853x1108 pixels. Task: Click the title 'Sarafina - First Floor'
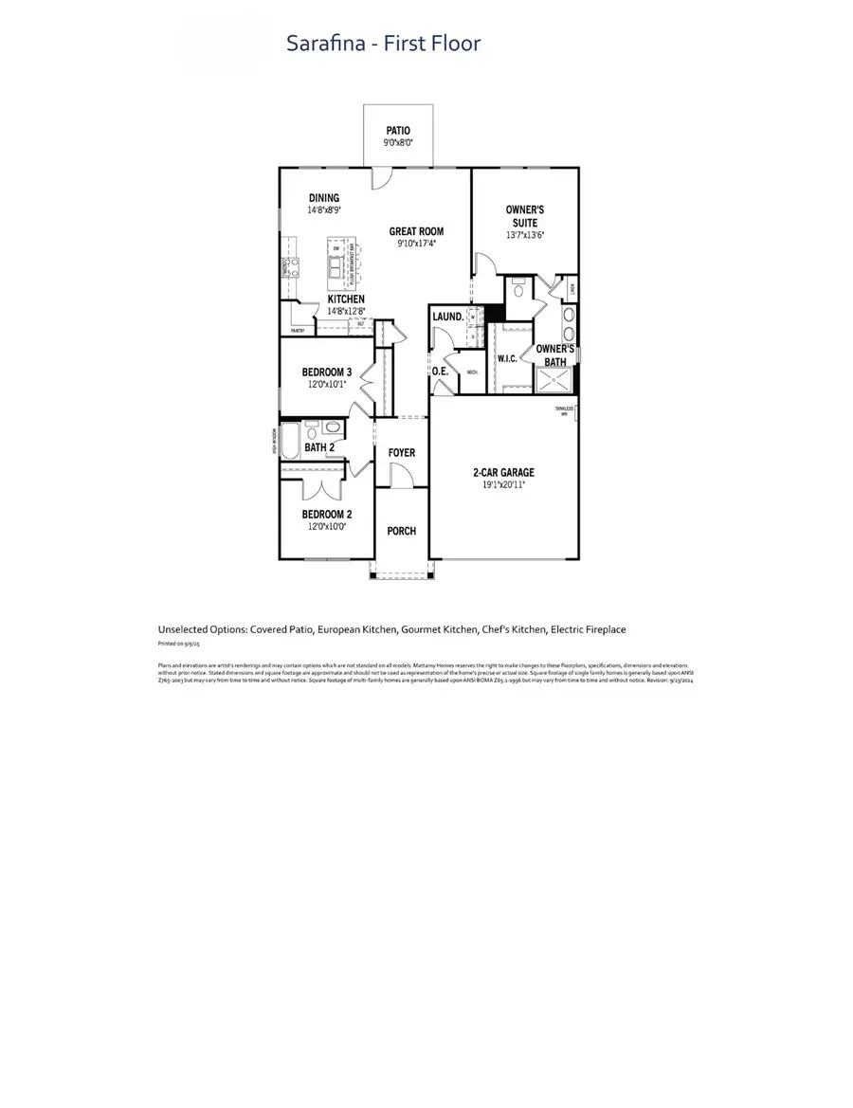point(384,44)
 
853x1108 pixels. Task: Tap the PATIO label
point(398,131)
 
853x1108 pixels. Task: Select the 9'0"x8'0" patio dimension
point(398,143)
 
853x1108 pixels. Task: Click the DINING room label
point(323,198)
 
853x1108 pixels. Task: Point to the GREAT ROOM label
point(416,231)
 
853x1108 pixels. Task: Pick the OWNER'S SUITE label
point(524,215)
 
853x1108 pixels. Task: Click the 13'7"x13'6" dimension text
point(524,234)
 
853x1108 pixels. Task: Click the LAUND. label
point(447,317)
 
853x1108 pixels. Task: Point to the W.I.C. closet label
point(506,359)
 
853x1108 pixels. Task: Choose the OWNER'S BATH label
point(555,354)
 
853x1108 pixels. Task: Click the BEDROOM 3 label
point(327,372)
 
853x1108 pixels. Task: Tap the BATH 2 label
point(319,447)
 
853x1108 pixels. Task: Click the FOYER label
point(402,453)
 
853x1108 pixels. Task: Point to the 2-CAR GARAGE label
point(503,472)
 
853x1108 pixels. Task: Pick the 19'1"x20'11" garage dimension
point(503,484)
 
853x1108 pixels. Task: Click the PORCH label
point(402,531)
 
